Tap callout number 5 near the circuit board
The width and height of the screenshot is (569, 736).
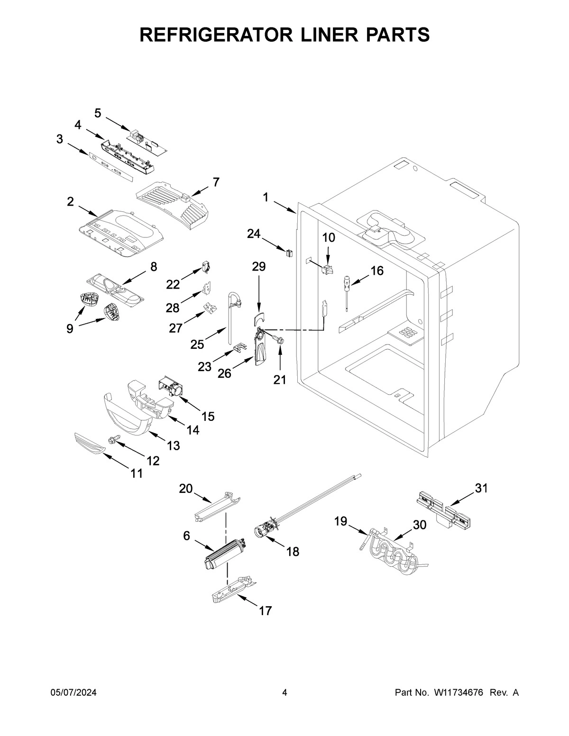(x=98, y=113)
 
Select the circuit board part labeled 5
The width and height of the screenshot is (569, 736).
(x=147, y=141)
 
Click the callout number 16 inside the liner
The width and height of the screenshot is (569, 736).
(x=377, y=271)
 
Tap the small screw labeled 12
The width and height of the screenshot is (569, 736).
(x=114, y=439)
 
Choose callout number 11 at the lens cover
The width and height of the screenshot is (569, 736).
(x=137, y=473)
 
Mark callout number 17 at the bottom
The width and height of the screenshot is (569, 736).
(x=266, y=611)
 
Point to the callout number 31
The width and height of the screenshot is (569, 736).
(x=481, y=488)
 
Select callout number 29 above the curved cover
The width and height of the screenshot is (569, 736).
(x=259, y=266)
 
